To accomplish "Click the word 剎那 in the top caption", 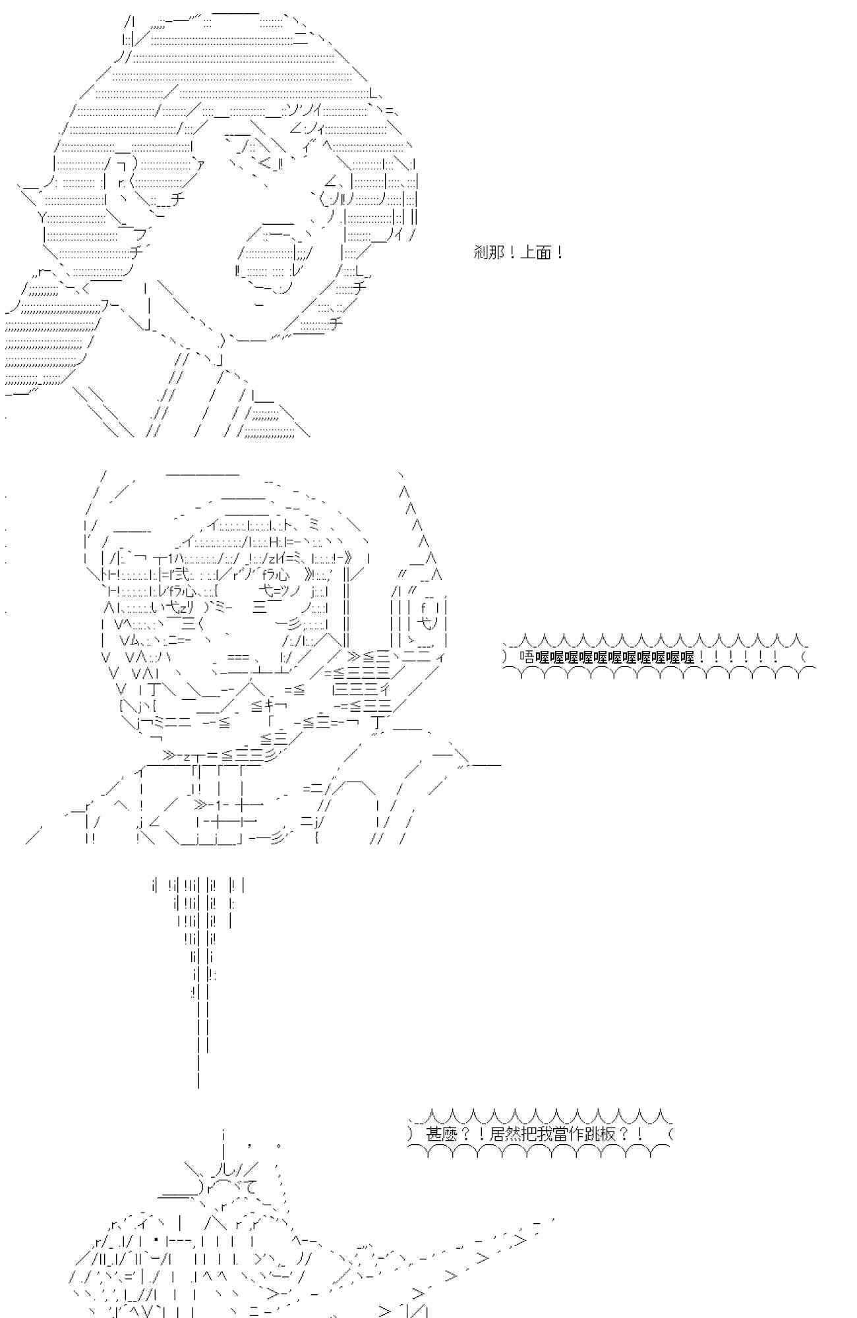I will tap(488, 252).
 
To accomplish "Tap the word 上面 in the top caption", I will tap(536, 252).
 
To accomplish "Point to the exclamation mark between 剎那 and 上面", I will tap(512, 252).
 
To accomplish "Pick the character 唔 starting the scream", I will tap(526, 657).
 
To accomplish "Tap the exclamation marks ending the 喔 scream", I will tap(738, 657).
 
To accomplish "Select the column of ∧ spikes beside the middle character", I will tap(415, 521).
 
